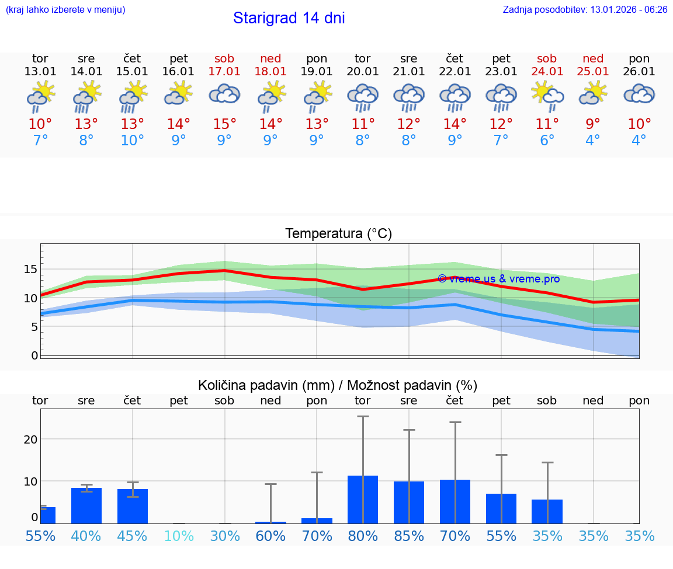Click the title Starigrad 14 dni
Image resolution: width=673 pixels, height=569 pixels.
289,18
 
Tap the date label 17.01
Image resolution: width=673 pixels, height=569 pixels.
224,72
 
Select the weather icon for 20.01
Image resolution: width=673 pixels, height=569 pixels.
363,97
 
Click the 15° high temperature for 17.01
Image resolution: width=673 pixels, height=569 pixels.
224,124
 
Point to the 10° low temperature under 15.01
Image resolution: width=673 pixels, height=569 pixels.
132,141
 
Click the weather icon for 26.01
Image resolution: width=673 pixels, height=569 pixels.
639,94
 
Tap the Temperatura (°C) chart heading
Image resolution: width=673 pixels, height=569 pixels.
338,234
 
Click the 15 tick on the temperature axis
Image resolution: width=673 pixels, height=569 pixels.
30,269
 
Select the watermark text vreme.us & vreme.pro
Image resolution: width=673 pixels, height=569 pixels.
499,279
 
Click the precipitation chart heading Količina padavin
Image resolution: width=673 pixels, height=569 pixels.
337,385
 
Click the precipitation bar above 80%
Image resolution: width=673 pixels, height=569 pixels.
363,500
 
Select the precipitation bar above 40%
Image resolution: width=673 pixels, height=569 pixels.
86,505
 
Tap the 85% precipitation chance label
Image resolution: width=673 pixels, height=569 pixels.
409,536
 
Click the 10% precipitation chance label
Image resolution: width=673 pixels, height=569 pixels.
178,536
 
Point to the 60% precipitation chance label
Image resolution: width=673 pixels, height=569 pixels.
270,536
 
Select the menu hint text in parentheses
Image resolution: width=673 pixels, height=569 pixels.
65,9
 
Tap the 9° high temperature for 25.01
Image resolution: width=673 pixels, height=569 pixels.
593,124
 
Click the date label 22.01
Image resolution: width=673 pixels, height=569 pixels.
455,72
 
